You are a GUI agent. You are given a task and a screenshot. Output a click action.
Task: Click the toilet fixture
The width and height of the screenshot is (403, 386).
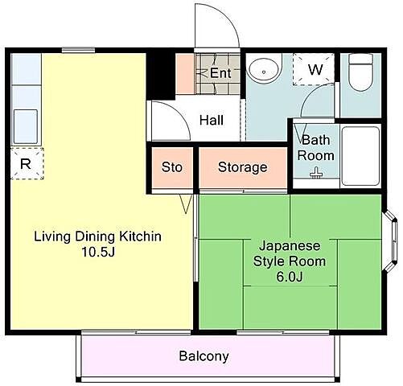click(361, 72)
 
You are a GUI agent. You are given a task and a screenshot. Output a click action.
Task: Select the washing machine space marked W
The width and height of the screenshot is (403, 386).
click(314, 69)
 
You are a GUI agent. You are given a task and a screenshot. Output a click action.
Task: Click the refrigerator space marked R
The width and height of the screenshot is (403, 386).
click(27, 163)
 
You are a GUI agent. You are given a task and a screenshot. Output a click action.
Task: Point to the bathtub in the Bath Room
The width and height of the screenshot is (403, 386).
click(360, 156)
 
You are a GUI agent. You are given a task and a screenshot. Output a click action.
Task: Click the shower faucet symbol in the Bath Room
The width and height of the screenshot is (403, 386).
click(316, 173)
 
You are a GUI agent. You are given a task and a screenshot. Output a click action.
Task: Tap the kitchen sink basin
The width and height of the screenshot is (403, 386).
click(26, 126)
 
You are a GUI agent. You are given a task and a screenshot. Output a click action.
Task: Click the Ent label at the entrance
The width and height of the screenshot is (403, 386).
click(220, 73)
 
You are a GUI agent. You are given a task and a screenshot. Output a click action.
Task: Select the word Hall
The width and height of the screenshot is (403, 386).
click(212, 120)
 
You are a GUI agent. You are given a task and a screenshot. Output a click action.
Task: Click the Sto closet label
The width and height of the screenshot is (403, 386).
click(172, 167)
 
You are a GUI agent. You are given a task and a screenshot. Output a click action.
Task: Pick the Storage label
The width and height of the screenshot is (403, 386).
click(243, 168)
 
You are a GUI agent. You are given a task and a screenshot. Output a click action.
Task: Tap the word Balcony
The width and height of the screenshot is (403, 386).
click(204, 356)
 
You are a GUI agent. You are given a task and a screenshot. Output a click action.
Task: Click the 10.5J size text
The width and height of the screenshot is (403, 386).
click(98, 252)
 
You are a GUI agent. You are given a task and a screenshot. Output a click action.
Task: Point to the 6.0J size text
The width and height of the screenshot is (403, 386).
click(290, 277)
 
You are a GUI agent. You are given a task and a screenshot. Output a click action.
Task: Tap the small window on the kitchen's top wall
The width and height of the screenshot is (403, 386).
click(78, 50)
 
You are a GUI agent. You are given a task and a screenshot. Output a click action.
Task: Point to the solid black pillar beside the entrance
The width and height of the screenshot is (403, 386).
click(160, 76)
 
